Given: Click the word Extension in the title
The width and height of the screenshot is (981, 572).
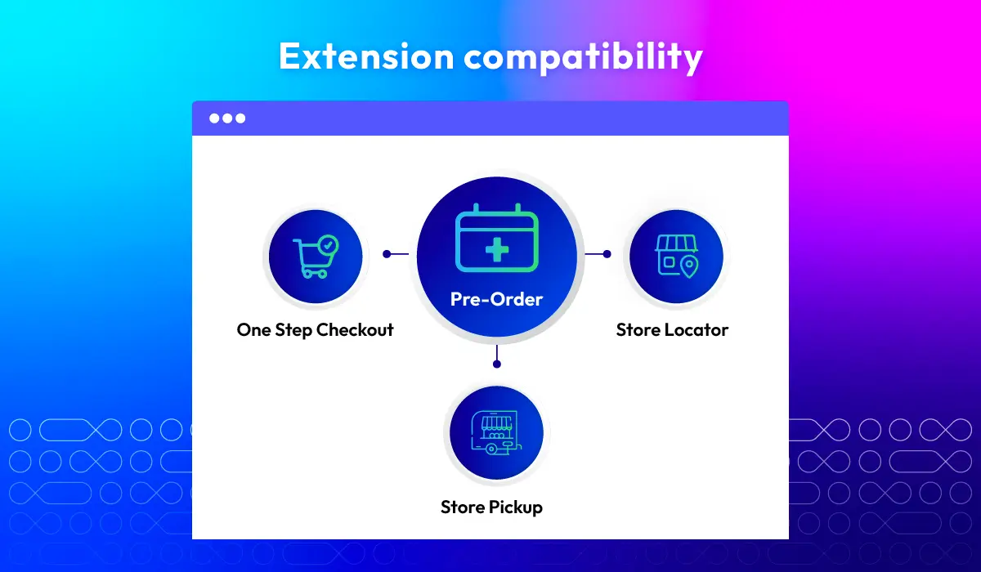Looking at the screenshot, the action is pos(366,56).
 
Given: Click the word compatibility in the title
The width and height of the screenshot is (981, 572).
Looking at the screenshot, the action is pos(583,58).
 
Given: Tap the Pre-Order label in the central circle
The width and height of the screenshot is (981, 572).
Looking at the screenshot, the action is pos(496,299).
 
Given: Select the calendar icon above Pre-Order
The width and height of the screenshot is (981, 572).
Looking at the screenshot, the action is pos(497,238).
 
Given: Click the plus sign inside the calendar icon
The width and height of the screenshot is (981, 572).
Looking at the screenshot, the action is pos(497,249).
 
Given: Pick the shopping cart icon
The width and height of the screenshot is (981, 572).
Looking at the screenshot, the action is pos(316,257).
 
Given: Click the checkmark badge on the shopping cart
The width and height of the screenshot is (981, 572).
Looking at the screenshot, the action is pos(328,245).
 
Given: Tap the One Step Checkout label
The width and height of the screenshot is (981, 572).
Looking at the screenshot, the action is pos(315,330).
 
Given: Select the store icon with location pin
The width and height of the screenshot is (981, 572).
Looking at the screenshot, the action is pos(677,257).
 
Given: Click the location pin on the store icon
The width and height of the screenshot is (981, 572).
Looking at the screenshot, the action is pos(690,267).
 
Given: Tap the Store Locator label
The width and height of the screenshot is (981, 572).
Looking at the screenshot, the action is pos(672,330).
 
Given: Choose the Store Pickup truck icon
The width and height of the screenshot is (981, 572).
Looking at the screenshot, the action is pos(496,433).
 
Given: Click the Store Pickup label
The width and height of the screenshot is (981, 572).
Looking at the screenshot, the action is pos(491,507).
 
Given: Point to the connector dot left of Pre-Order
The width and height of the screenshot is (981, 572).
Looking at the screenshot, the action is pos(387,254).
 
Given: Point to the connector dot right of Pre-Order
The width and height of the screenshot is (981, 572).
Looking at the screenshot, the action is pos(607,254).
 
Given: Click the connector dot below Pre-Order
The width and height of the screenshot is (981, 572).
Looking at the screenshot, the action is pos(497,364).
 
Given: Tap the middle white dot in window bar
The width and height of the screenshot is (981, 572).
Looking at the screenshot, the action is pos(227,118).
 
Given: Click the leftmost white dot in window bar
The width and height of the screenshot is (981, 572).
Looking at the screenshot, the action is pos(214,118).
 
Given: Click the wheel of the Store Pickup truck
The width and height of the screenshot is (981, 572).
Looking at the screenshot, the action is pos(491,449).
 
